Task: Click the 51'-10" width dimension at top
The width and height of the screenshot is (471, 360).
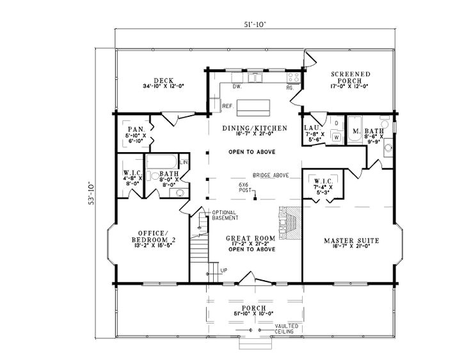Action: pyautogui.click(x=253, y=24)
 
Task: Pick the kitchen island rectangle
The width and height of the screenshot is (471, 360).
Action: pyautogui.click(x=254, y=106)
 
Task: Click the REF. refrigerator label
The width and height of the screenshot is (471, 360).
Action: pyautogui.click(x=227, y=106)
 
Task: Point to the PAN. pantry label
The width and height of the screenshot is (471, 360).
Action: pyautogui.click(x=135, y=129)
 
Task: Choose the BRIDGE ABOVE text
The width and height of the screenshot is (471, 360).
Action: pyautogui.click(x=271, y=174)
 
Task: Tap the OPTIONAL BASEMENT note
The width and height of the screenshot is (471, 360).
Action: pyautogui.click(x=225, y=215)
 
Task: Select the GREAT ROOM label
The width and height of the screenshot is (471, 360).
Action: pyautogui.click(x=251, y=238)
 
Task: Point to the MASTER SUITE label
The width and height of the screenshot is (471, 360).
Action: pyautogui.click(x=351, y=240)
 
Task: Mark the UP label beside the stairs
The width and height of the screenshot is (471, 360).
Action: pyautogui.click(x=224, y=270)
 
